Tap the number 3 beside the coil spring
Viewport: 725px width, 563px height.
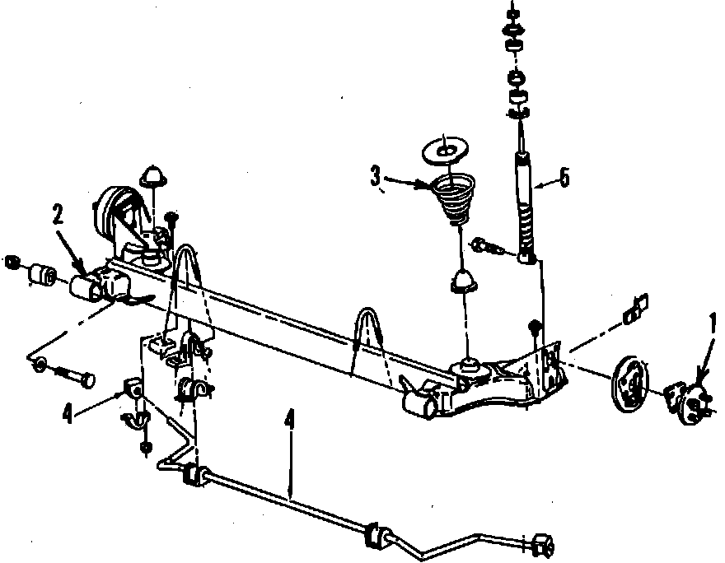[x=376, y=175]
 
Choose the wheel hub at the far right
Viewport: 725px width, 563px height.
[x=687, y=398]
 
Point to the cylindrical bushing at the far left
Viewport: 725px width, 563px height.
[x=40, y=272]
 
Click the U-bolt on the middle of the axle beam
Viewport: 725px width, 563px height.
[x=368, y=334]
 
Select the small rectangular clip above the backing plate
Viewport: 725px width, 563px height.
[x=634, y=308]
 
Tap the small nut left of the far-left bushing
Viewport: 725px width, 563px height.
[x=12, y=263]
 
